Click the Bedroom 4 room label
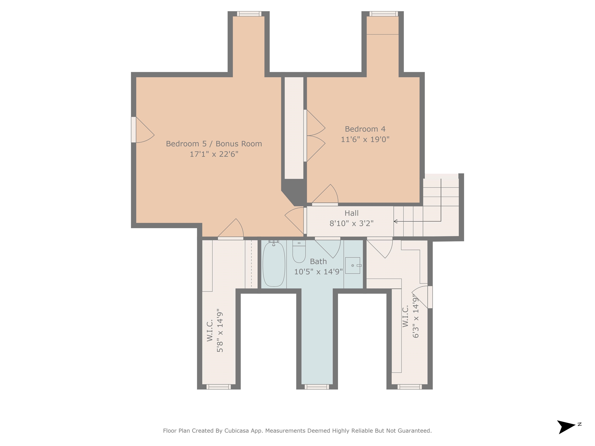[x=365, y=129]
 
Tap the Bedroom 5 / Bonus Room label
[x=214, y=144]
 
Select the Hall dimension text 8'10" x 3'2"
[x=352, y=223]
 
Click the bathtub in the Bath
[x=273, y=263]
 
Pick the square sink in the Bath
[x=353, y=265]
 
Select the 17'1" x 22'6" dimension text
[x=214, y=154]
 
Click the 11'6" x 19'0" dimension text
[x=365, y=139]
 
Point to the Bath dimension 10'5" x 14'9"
[x=318, y=272]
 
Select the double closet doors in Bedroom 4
[x=315, y=136]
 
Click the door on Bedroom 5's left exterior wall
[x=143, y=130]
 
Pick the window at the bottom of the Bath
[x=317, y=387]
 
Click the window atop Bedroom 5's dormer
[x=249, y=14]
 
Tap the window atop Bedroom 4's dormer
[x=383, y=14]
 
